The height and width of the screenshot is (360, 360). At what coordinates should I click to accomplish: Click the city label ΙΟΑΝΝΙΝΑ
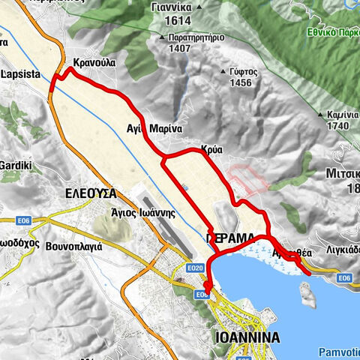(x=246, y=337)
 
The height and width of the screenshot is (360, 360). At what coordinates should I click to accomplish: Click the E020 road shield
(x=195, y=268)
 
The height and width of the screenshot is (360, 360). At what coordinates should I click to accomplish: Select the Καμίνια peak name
(x=342, y=115)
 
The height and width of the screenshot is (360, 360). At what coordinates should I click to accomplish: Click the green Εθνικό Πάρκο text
(x=334, y=34)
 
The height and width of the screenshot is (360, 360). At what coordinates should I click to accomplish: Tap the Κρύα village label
(x=211, y=149)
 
